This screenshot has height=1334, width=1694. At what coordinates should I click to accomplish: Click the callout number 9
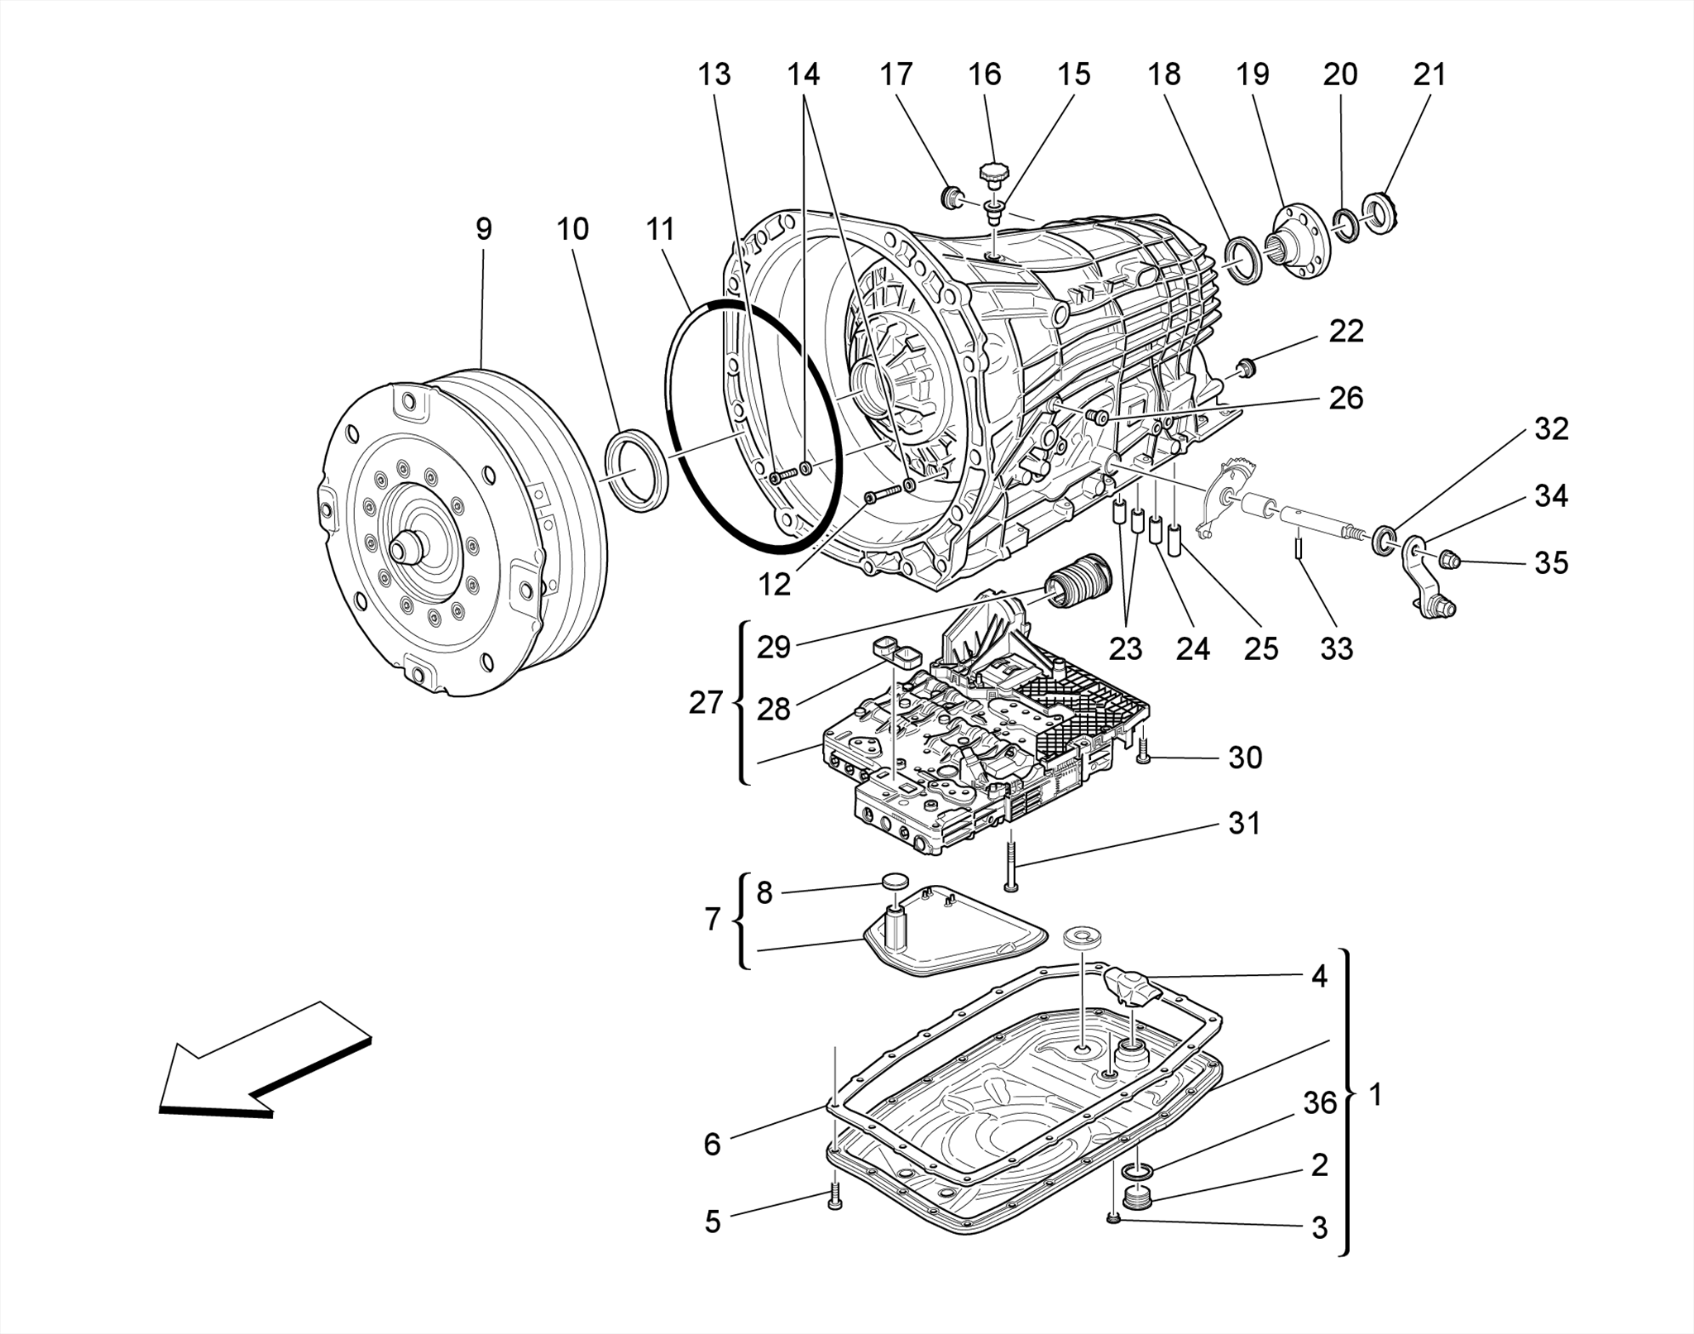[x=484, y=229]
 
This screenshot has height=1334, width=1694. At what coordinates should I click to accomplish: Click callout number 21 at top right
[x=1429, y=74]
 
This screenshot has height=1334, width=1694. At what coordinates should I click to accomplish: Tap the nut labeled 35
[x=1448, y=562]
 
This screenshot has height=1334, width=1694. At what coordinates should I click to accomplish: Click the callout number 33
[x=1336, y=648]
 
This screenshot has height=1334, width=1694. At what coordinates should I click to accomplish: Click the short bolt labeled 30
[x=1143, y=751]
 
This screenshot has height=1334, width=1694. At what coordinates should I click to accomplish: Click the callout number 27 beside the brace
[x=706, y=703]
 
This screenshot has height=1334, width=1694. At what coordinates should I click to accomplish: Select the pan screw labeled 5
[x=834, y=1197]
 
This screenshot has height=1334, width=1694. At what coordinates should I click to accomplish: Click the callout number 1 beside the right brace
[x=1376, y=1095]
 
